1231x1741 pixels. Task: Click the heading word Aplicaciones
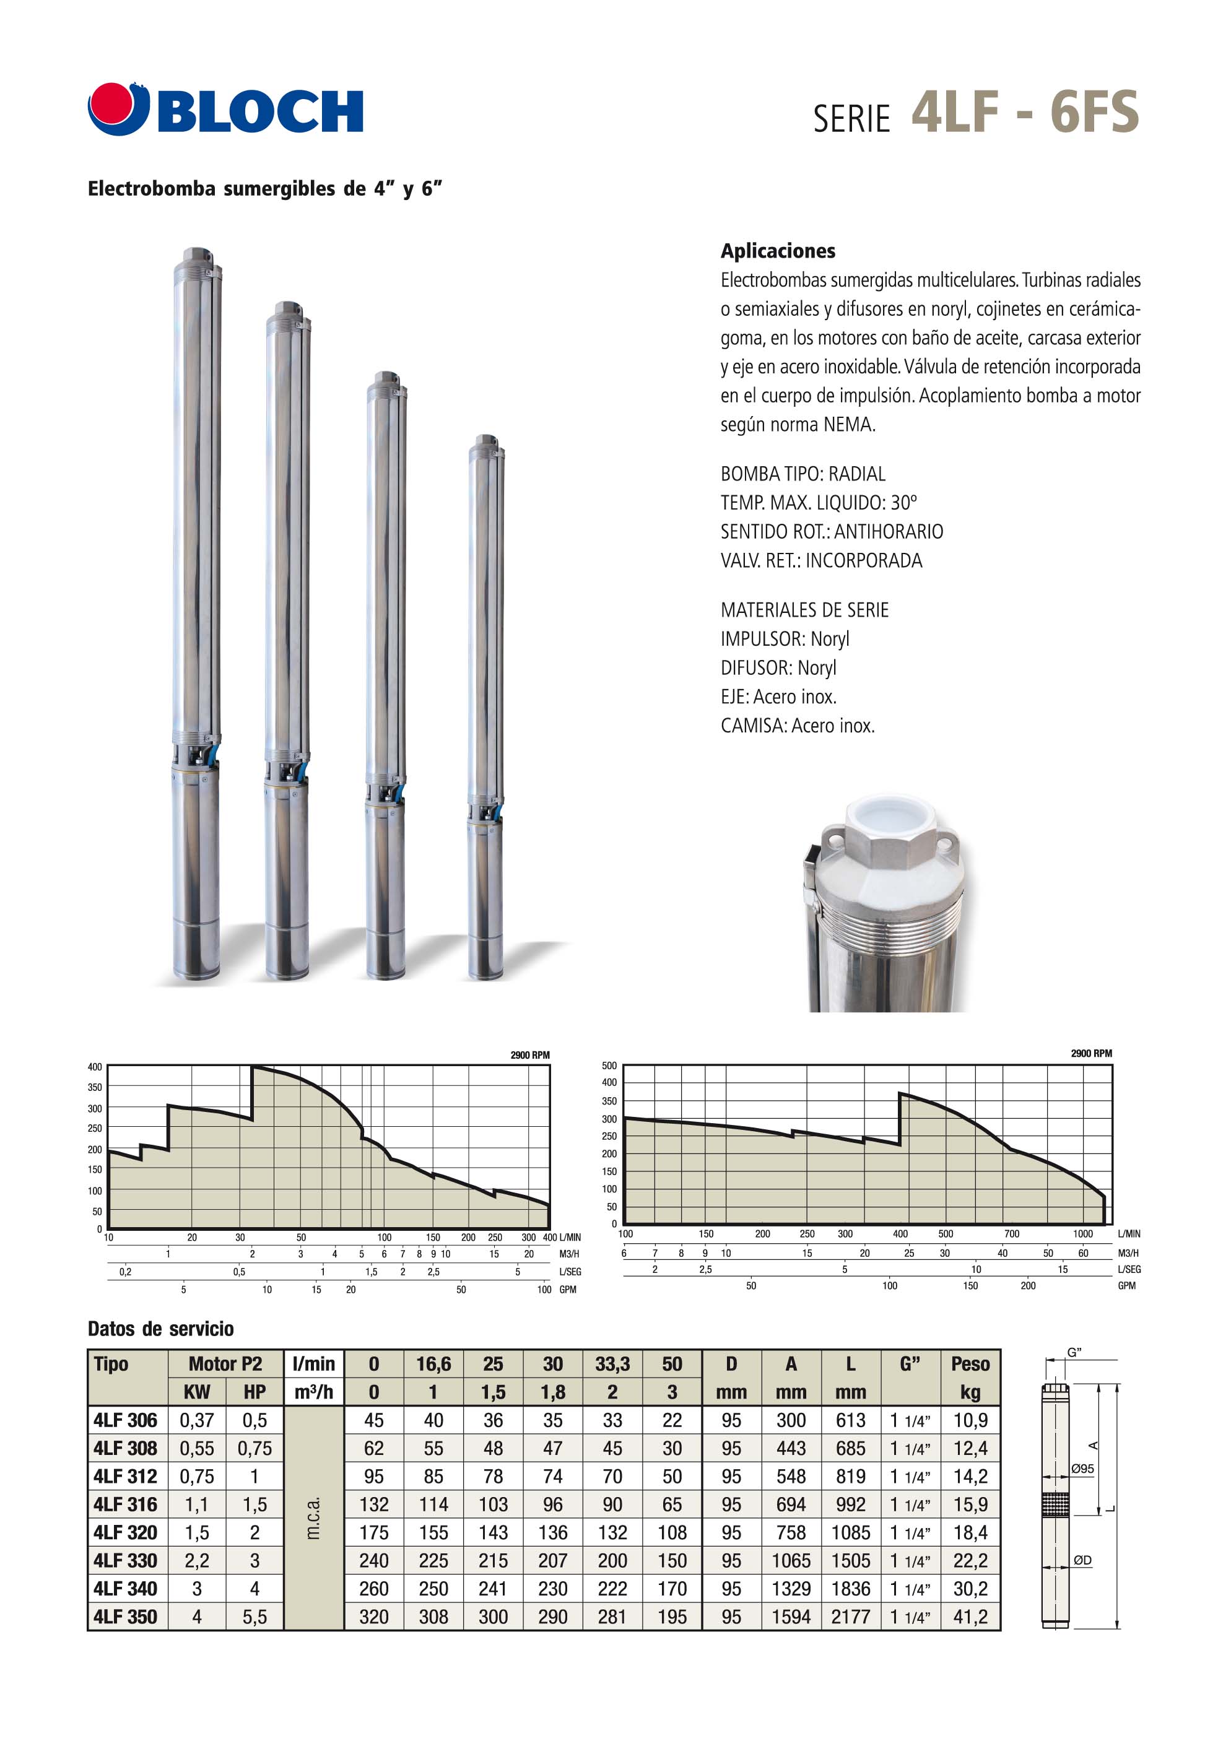point(778,251)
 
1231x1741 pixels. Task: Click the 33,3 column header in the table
point(612,1364)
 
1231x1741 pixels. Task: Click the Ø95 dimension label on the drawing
point(1082,1468)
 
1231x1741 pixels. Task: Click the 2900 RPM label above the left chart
point(529,1055)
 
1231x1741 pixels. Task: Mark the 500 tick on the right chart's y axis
point(609,1066)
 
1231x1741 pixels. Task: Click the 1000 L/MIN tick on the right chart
point(1082,1234)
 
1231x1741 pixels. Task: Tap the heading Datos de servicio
point(161,1329)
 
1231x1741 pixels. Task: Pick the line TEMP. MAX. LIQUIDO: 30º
point(819,503)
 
